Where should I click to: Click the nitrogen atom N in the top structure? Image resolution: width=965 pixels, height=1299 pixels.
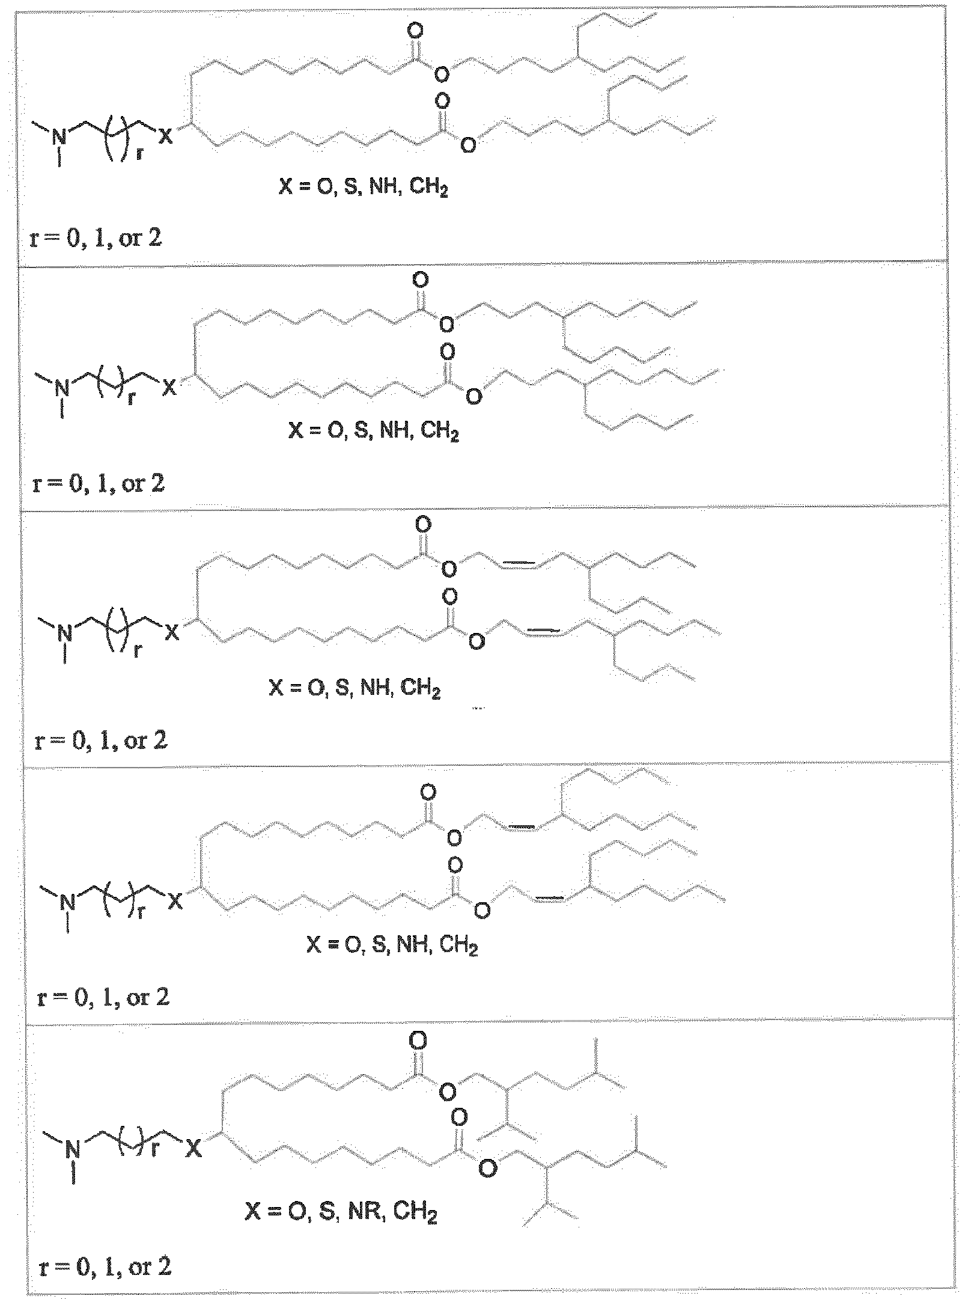pyautogui.click(x=59, y=137)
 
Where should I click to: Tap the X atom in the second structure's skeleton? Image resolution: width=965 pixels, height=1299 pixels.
pyautogui.click(x=170, y=389)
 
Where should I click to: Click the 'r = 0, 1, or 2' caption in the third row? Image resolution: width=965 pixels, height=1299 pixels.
pyautogui.click(x=101, y=741)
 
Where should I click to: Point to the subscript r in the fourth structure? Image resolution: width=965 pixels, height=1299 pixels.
pyautogui.click(x=142, y=914)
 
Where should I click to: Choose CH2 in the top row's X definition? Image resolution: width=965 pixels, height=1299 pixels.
pyautogui.click(x=429, y=188)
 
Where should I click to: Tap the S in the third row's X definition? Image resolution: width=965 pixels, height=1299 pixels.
pyautogui.click(x=342, y=688)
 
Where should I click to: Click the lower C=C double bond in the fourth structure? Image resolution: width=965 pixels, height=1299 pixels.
pyautogui.click(x=547, y=899)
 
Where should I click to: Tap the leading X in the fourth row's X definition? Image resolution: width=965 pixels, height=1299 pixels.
pyautogui.click(x=314, y=947)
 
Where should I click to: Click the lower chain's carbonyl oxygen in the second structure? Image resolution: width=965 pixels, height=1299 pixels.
pyautogui.click(x=448, y=351)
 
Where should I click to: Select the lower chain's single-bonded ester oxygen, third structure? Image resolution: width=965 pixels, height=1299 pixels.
pyautogui.click(x=476, y=643)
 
